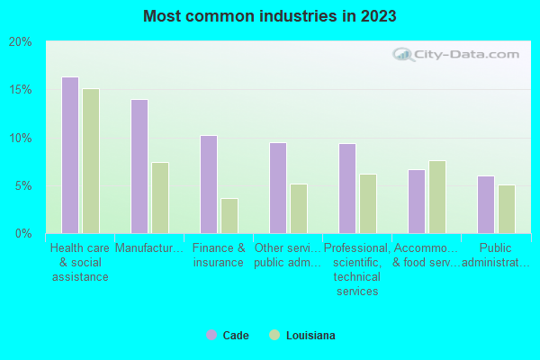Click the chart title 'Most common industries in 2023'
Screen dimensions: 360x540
tap(269, 16)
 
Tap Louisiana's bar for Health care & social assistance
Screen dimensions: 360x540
tap(91, 161)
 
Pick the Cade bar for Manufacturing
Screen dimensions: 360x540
tap(139, 166)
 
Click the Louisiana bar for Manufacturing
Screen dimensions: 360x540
tap(160, 198)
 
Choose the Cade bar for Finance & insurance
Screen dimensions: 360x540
tap(209, 184)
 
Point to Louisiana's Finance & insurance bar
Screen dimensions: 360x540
tap(229, 216)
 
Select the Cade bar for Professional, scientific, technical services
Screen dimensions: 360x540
tap(347, 188)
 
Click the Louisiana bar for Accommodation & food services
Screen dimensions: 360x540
tap(437, 197)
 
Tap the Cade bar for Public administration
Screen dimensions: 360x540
tap(486, 204)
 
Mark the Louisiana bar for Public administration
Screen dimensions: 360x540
tap(507, 209)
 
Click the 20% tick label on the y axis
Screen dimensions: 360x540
tap(21, 42)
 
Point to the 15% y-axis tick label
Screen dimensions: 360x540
tap(21, 90)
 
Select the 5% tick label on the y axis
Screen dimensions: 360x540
tap(23, 186)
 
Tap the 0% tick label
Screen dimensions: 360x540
tap(23, 234)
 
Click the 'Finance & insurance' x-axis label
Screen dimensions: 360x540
tap(219, 256)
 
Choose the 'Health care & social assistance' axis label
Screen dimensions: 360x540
tap(80, 262)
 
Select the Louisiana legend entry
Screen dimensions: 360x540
tap(302, 336)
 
